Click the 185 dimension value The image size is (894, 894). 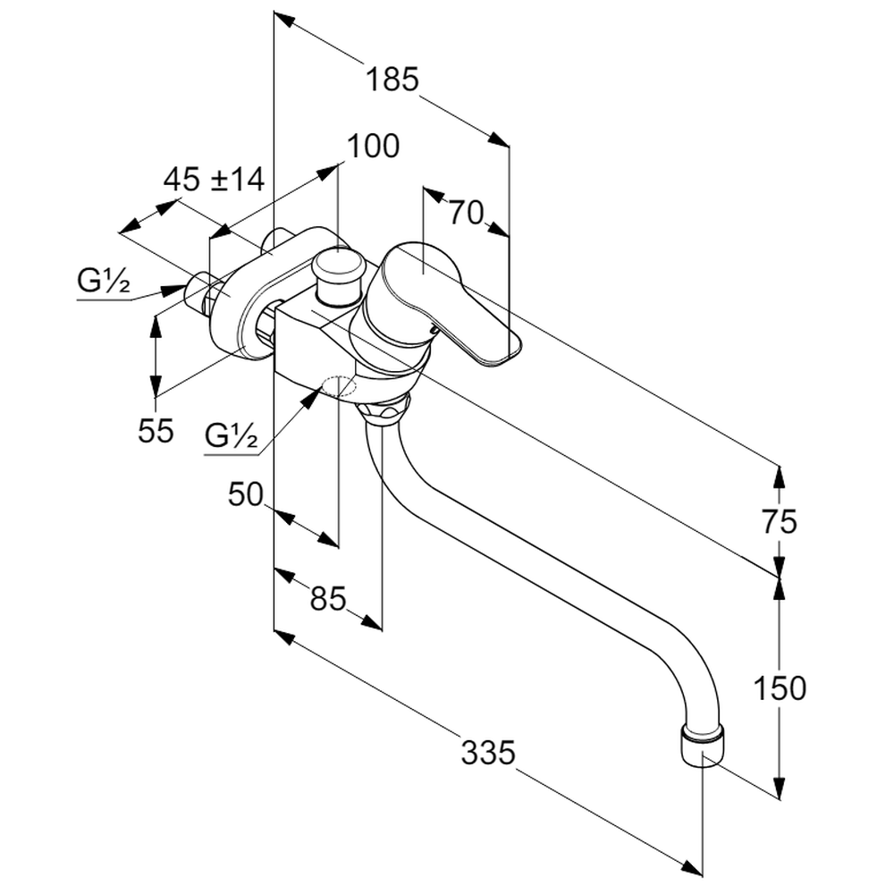point(392,80)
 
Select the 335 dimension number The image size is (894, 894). point(488,753)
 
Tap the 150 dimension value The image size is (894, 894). point(779,687)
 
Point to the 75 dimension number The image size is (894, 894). point(780,521)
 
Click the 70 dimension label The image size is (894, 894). point(466,212)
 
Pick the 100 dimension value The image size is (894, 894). point(373,146)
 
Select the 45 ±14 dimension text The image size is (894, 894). point(214,180)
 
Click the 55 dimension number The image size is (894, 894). point(156,431)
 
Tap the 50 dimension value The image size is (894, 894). point(246,494)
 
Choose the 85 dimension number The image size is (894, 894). point(327,598)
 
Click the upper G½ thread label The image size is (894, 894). point(104,283)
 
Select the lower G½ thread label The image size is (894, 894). point(231,437)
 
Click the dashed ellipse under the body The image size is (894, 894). point(339,386)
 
